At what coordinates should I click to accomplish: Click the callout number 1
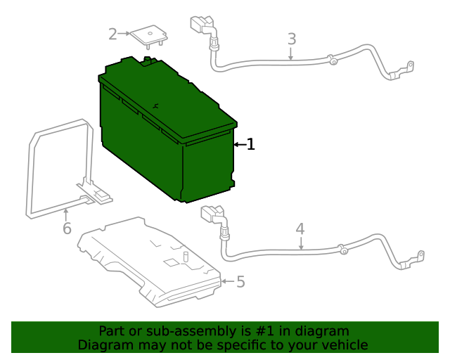tap(250, 145)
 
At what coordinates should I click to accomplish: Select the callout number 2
tap(113, 34)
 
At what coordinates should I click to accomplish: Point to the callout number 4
tap(300, 229)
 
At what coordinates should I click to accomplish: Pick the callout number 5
tap(240, 282)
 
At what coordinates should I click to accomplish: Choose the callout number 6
tap(67, 229)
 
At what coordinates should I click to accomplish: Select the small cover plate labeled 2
tap(149, 34)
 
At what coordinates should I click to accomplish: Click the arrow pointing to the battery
tap(239, 145)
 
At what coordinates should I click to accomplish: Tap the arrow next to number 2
tap(126, 33)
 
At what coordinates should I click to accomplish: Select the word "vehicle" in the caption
tap(342, 345)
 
